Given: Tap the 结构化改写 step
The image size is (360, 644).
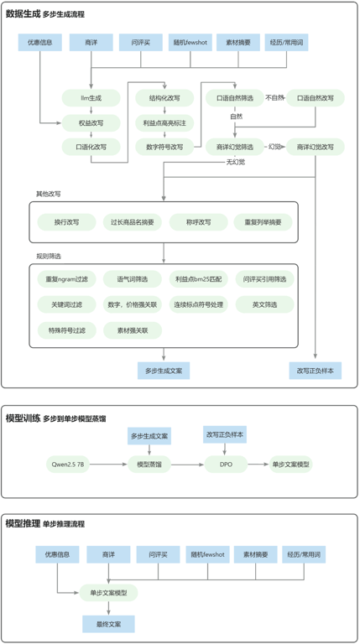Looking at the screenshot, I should pyautogui.click(x=164, y=98).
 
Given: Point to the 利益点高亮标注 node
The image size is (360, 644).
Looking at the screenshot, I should pyautogui.click(x=164, y=122).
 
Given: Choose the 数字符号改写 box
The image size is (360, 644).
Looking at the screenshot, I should pyautogui.click(x=164, y=147).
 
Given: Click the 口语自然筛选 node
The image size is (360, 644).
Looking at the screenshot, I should pyautogui.click(x=235, y=98).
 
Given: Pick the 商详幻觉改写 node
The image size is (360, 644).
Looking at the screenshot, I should pyautogui.click(x=315, y=147).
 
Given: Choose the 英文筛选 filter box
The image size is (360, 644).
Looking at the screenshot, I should pyautogui.click(x=263, y=304).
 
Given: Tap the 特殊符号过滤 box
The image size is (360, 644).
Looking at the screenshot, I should pyautogui.click(x=66, y=330).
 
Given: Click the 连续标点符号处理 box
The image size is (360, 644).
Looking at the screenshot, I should pyautogui.click(x=197, y=304).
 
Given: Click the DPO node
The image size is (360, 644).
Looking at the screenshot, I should pyautogui.click(x=226, y=464).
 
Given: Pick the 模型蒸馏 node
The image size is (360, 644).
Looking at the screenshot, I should pyautogui.click(x=149, y=464).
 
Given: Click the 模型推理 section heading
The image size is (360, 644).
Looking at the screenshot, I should pyautogui.click(x=23, y=523).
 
